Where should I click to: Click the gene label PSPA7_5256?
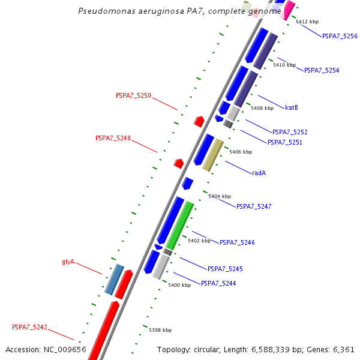click(340, 36)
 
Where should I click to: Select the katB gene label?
click(292, 108)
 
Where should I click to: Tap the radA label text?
click(259, 173)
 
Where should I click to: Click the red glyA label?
click(68, 262)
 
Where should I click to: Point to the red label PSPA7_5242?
click(29, 328)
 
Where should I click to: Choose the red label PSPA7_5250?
click(133, 95)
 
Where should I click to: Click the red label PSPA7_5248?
click(113, 138)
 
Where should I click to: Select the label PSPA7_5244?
click(218, 283)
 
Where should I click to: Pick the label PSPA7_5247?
click(254, 206)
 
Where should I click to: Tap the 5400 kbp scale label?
click(179, 285)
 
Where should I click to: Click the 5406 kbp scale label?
click(241, 152)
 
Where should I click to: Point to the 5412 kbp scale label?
click(307, 22)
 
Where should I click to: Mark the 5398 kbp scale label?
click(160, 330)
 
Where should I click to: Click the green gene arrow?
click(180, 225)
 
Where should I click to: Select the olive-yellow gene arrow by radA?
click(213, 155)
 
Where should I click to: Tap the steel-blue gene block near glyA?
click(114, 279)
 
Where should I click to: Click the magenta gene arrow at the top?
click(289, 9)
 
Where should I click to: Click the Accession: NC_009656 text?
click(46, 349)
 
